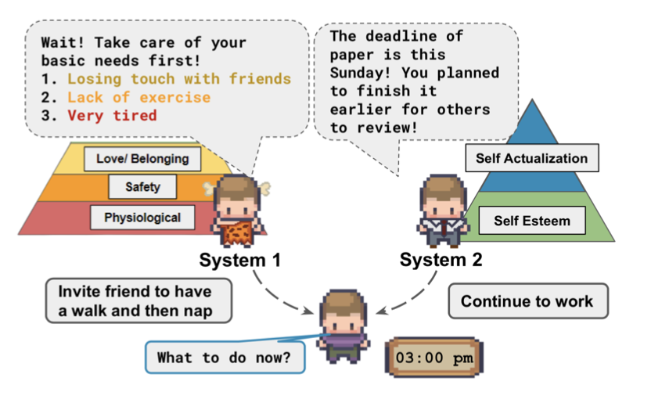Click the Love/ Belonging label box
(142, 159)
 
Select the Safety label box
(142, 187)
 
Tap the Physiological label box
(142, 218)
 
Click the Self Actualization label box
(532, 158)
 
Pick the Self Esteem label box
(532, 221)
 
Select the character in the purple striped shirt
(343, 326)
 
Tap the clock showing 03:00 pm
(434, 358)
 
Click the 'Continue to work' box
(528, 301)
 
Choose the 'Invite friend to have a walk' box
(138, 301)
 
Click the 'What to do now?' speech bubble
(225, 357)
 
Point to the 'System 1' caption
(240, 261)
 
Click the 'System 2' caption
(441, 260)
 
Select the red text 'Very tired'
(113, 115)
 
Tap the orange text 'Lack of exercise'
(139, 97)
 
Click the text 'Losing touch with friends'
(179, 79)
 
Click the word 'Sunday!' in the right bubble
(361, 74)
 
